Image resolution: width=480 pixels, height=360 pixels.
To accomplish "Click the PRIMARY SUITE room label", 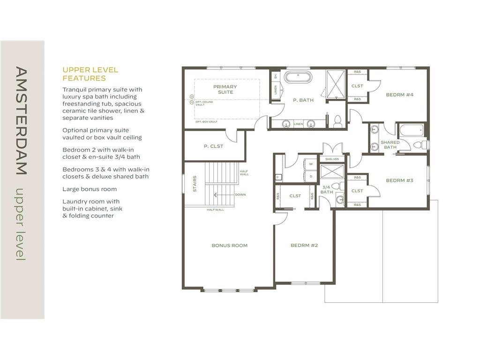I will (x=225, y=89).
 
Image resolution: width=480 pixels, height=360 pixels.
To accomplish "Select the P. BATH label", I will (x=303, y=100).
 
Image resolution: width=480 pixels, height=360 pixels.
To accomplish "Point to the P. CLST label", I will (x=213, y=146).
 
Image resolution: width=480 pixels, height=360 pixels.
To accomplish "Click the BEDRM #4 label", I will (x=399, y=95).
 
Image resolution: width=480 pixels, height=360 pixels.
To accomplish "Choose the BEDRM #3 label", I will (x=399, y=180).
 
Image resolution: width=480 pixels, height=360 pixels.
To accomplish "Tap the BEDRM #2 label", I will (x=304, y=245).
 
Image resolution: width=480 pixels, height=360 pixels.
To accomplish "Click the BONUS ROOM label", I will (x=229, y=245).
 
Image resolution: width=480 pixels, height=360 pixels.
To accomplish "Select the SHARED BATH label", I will (x=390, y=145).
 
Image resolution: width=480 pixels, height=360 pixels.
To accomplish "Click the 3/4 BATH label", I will (x=327, y=189).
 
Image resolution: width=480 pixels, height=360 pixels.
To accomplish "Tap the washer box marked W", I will (x=311, y=165).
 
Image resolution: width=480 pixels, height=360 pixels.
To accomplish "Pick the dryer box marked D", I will (x=311, y=177).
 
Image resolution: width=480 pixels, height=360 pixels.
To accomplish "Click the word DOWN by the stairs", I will (x=240, y=195).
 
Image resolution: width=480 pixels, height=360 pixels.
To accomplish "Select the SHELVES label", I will (x=332, y=159).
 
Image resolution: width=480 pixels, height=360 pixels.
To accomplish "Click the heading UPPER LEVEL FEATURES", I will (x=90, y=74).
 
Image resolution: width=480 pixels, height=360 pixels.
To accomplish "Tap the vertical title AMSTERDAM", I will (x=22, y=120).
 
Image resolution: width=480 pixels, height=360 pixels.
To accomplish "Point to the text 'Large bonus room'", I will (x=90, y=189).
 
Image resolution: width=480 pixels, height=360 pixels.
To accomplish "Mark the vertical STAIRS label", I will (x=195, y=184).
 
